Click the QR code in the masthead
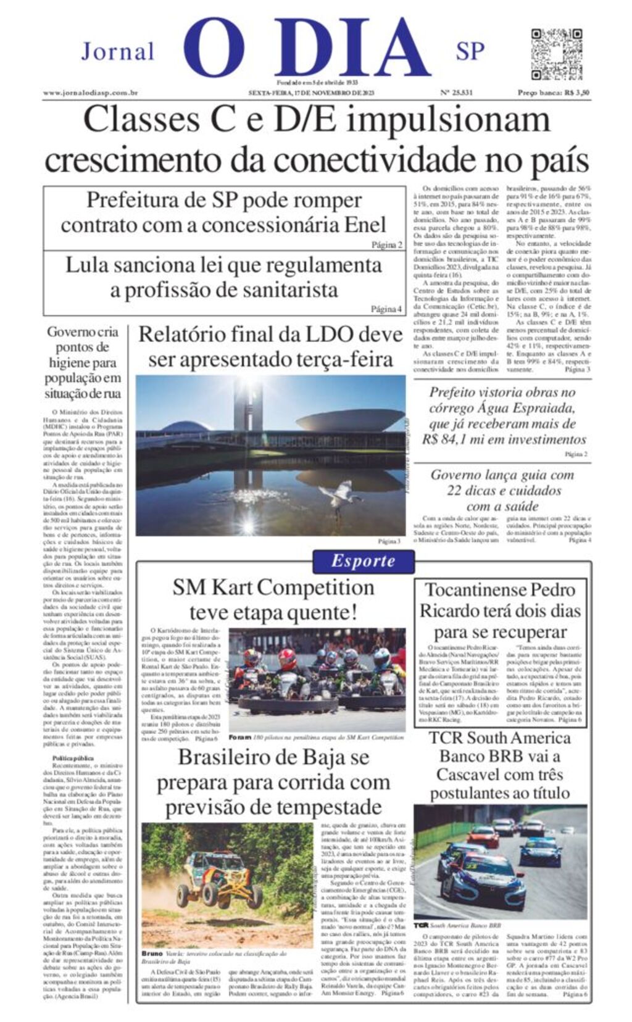click(556, 54)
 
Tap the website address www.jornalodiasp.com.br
click(89, 93)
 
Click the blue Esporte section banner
click(363, 560)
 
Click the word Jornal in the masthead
click(117, 52)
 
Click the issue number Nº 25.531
click(456, 93)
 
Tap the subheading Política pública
click(73, 757)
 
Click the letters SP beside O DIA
click(470, 52)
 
